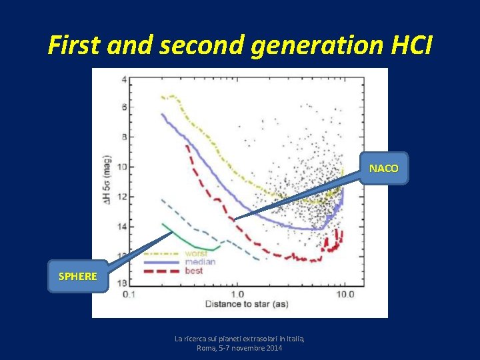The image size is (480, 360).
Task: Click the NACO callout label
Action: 384,169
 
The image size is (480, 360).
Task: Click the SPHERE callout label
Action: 77,276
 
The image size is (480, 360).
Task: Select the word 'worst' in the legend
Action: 196,254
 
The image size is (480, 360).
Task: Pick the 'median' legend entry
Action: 201,262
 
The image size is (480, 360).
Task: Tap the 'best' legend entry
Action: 194,271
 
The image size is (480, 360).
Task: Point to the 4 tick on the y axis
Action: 124,80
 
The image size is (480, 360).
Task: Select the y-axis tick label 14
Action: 121,227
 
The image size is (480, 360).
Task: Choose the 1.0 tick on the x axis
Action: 237,294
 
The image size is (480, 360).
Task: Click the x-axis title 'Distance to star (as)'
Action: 247,305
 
